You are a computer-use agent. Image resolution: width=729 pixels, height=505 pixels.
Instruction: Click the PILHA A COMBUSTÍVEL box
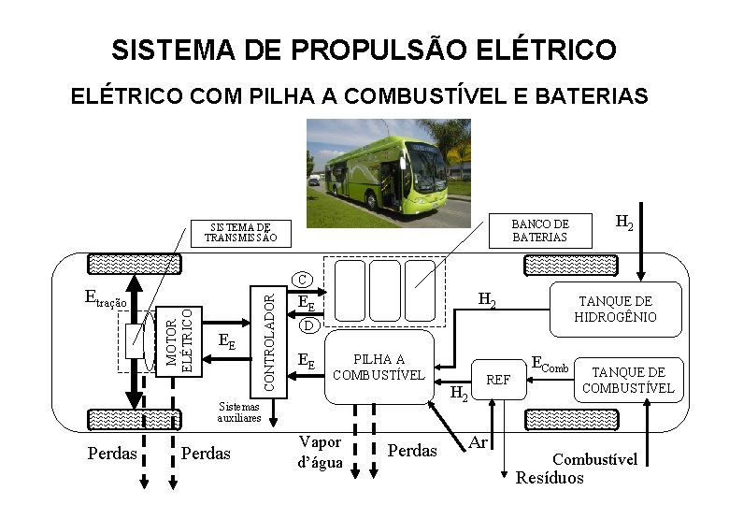[379, 368]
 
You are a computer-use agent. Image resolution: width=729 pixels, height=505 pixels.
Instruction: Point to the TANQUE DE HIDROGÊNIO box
[615, 310]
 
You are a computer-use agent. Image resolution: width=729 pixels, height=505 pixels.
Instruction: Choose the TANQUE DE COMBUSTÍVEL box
[627, 380]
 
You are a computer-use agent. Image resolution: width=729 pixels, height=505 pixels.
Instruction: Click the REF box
[499, 380]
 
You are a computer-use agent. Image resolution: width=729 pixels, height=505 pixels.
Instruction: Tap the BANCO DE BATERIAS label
[539, 230]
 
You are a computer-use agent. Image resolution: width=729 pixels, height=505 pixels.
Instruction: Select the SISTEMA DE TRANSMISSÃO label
[240, 232]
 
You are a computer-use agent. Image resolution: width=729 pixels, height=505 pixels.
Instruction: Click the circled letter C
[302, 280]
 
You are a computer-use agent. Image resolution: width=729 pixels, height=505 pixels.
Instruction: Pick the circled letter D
[309, 325]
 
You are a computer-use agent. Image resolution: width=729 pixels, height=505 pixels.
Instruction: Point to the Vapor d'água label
[321, 452]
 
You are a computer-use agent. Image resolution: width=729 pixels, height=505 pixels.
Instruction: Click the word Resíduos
[550, 478]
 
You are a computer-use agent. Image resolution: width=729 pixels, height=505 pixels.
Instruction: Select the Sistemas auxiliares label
[239, 412]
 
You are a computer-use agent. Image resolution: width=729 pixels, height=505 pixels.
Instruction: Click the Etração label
[105, 299]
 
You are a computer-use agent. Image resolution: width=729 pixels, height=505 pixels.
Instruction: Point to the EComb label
[550, 364]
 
